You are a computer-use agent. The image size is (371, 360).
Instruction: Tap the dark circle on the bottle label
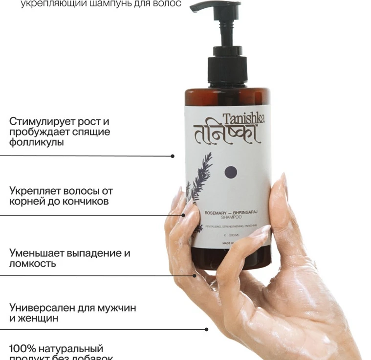[x=230, y=172]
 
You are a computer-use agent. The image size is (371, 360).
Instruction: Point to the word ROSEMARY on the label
[x=205, y=212]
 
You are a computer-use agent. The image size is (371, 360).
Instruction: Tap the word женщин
[x=46, y=318]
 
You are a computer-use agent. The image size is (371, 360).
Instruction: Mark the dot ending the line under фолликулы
[x=173, y=156]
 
